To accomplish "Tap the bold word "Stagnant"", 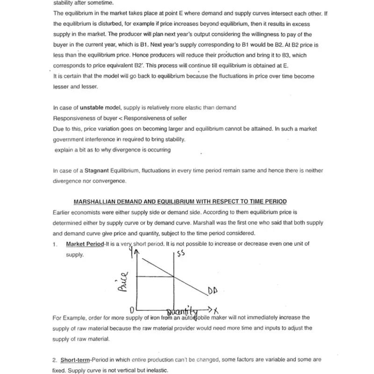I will (x=99, y=171).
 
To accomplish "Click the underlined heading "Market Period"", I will (x=85, y=244).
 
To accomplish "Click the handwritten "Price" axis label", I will (x=122, y=281).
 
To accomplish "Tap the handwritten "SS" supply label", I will (x=181, y=254).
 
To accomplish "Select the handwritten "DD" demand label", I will (x=213, y=291).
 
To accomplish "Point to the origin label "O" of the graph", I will (x=132, y=310).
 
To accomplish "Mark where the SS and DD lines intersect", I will (x=174, y=276).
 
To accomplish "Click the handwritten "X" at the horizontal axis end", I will (x=216, y=310).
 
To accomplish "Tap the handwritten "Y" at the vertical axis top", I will (x=131, y=253).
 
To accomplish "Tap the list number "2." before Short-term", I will (x=55, y=360).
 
